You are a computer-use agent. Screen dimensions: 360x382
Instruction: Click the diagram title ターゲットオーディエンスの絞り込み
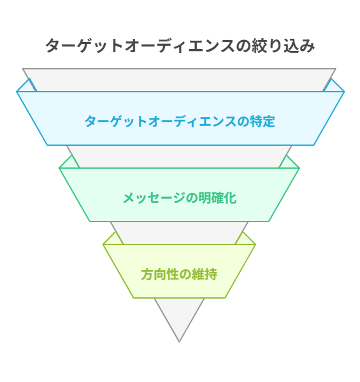(180, 46)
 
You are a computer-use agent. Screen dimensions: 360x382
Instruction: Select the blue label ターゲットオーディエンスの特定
(180, 121)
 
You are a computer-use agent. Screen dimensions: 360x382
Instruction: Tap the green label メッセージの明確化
(180, 197)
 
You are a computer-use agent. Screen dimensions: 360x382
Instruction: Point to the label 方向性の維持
(179, 274)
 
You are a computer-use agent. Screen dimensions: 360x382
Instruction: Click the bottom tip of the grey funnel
(179, 341)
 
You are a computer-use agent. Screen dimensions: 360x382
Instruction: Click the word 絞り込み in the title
(284, 46)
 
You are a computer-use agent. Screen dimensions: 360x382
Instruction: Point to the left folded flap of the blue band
(27, 87)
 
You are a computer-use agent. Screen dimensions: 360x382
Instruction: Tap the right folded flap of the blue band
(333, 87)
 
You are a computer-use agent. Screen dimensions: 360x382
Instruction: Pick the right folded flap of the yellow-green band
(245, 239)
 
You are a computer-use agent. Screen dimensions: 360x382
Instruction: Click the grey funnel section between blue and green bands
(179, 157)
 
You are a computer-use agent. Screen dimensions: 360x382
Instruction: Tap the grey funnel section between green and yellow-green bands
(179, 233)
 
